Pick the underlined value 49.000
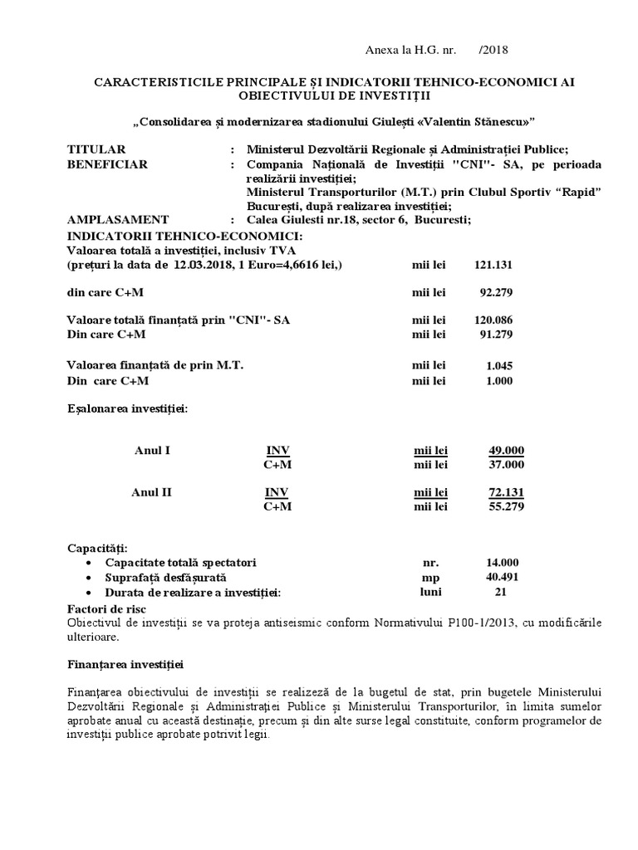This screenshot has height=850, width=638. [507, 451]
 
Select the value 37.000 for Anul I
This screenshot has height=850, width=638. [507, 464]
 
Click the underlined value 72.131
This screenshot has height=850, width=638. [507, 492]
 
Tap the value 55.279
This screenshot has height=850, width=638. [507, 506]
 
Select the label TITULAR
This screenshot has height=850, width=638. [96, 149]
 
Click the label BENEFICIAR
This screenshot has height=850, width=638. [107, 164]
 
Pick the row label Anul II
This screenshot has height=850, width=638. [152, 492]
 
